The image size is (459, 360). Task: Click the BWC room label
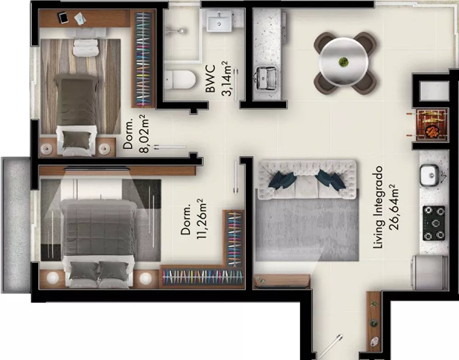(x=211, y=79)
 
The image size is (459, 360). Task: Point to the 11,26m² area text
(x=202, y=218)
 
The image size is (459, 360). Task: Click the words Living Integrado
(x=379, y=207)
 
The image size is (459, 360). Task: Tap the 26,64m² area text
(x=394, y=207)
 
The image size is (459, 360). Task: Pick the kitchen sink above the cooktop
(x=430, y=175)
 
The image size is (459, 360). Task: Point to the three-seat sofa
(x=307, y=180)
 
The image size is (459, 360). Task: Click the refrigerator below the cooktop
(x=430, y=273)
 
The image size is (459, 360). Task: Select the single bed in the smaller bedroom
(x=77, y=114)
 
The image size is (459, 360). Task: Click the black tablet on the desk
(x=63, y=17)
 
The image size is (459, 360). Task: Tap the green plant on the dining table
(x=343, y=62)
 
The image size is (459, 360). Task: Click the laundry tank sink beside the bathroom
(x=266, y=78)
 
